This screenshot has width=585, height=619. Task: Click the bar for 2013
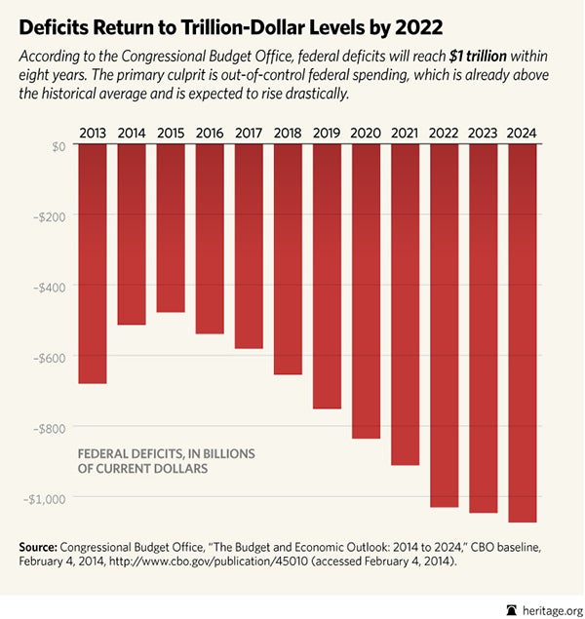pyautogui.click(x=93, y=263)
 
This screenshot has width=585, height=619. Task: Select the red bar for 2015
pyautogui.click(x=171, y=228)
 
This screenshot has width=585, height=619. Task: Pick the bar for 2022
pyautogui.click(x=444, y=326)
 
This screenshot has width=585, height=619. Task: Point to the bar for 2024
pyautogui.click(x=522, y=332)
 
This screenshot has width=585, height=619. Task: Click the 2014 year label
pyautogui.click(x=132, y=131)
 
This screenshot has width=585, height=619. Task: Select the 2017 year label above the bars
pyautogui.click(x=249, y=131)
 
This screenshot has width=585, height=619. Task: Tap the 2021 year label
pyautogui.click(x=405, y=131)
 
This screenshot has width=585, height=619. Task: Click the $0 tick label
pyautogui.click(x=57, y=145)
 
